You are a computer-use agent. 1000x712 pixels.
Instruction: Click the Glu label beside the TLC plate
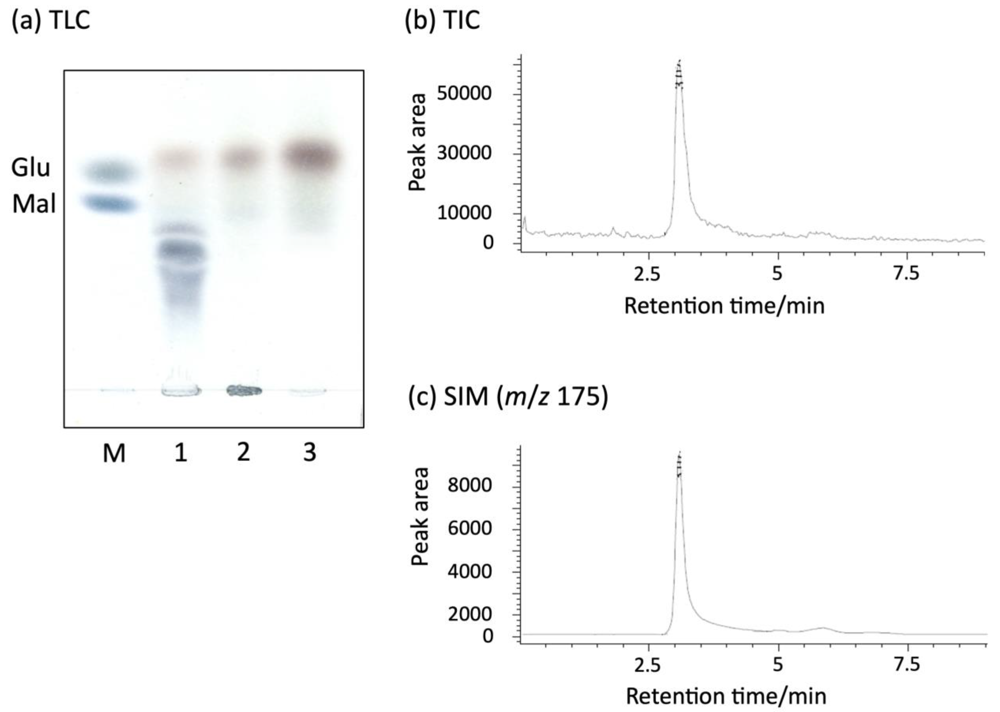(x=31, y=168)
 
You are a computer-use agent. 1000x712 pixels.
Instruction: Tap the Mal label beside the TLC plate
(x=34, y=204)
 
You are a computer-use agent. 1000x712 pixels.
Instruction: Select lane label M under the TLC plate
(x=114, y=453)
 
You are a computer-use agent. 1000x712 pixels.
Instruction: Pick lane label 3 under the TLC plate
(x=310, y=452)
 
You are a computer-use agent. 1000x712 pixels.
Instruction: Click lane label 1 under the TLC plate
(x=181, y=452)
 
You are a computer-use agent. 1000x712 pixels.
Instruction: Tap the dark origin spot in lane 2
(x=244, y=390)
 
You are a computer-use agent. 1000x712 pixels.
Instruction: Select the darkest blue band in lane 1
(x=181, y=251)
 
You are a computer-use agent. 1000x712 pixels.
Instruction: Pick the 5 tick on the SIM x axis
(x=777, y=665)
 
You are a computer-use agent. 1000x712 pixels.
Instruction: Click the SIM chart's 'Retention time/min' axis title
(x=726, y=696)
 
